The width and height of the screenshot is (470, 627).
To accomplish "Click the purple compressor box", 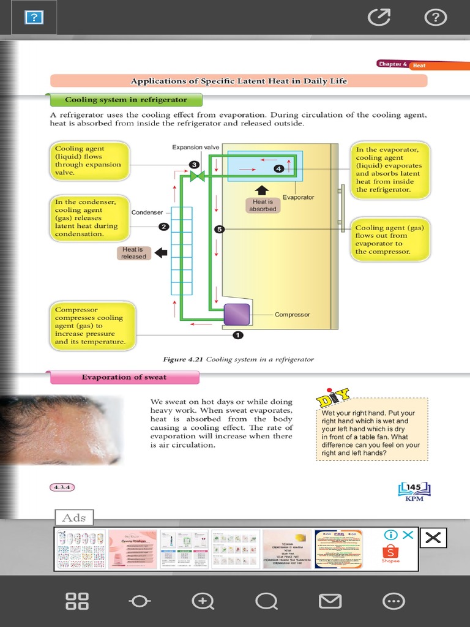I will coord(237,314).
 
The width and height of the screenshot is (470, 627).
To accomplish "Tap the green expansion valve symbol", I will coord(197,176).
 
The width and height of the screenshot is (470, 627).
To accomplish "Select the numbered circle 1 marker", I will coord(238,335).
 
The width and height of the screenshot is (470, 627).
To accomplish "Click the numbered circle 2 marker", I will coord(164,227).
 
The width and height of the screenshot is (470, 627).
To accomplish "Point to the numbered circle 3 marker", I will coord(194,165).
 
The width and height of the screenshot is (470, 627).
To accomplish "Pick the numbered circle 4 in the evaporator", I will coord(278,168).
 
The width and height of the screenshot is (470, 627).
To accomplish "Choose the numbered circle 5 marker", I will coord(220,229).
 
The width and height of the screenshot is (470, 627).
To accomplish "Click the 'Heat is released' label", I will coord(133,253).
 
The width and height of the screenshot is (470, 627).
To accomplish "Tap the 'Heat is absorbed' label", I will coord(263,205).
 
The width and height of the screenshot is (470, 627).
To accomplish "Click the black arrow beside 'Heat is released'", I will coord(161,252).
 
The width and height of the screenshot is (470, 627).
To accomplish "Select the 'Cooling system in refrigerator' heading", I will coord(125,100).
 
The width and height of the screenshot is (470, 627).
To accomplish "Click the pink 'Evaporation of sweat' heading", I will coord(124,377).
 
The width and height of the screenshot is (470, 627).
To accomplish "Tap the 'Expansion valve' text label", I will coord(196,148).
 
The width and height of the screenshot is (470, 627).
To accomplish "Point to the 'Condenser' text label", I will coord(147,212).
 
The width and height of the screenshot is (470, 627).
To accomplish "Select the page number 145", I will coord(414,487).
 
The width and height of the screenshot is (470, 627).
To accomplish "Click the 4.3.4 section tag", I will coord(62,487).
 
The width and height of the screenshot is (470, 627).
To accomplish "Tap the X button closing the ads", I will coord(433,538).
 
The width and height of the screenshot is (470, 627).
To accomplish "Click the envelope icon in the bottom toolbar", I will coord(330,601).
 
